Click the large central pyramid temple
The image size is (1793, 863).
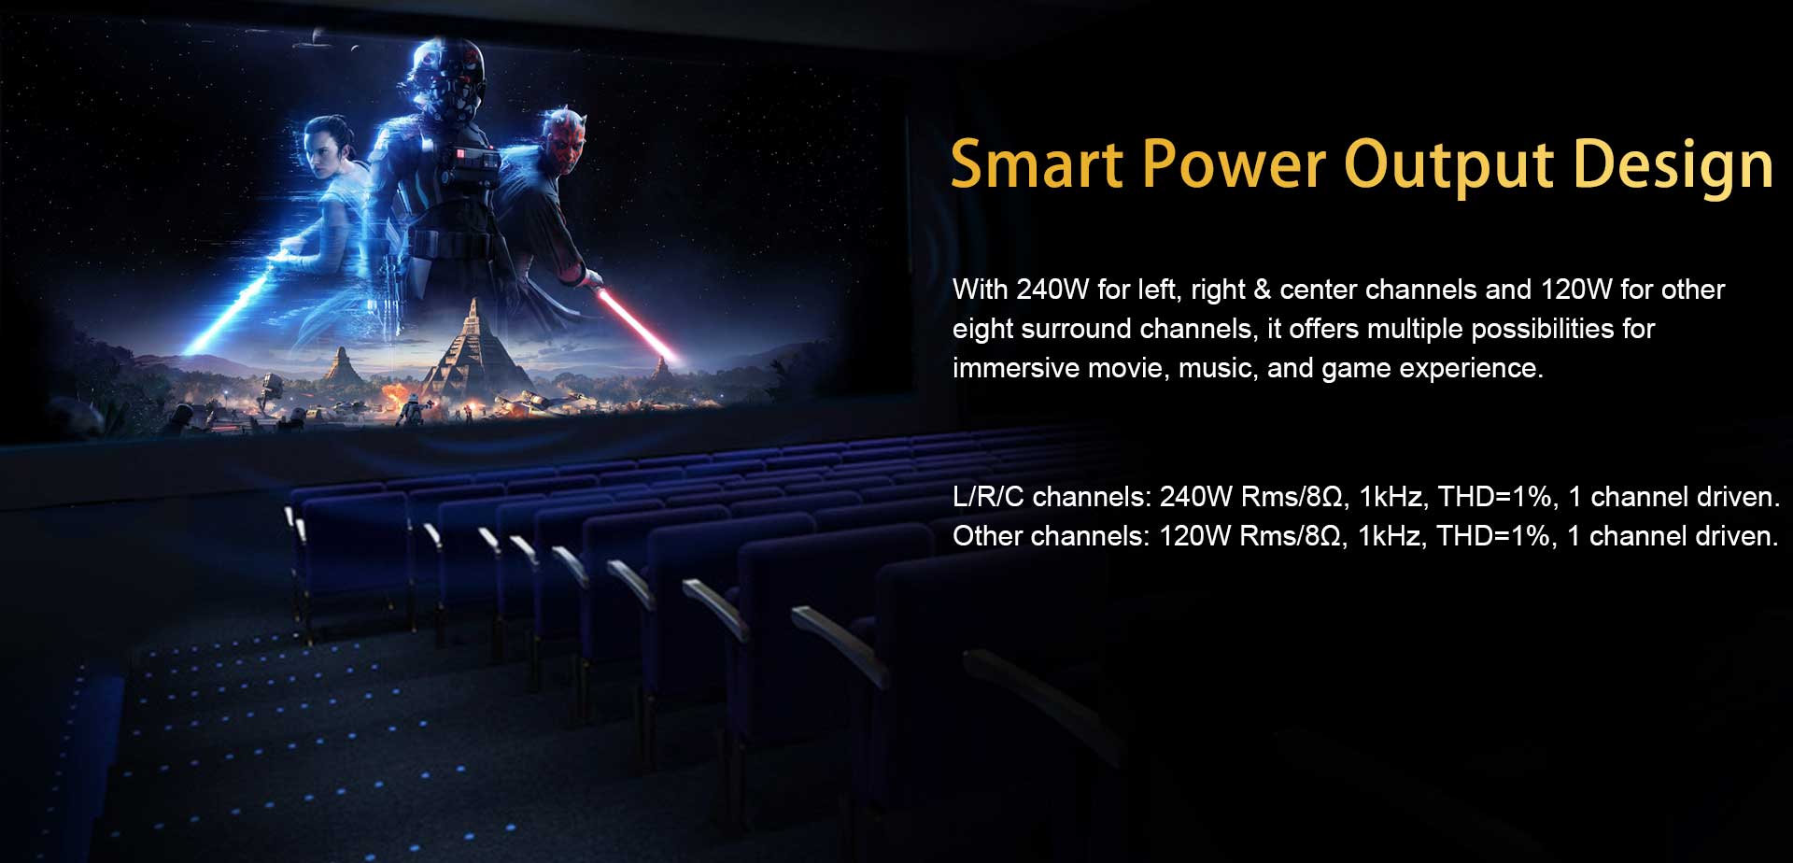click(x=473, y=350)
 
